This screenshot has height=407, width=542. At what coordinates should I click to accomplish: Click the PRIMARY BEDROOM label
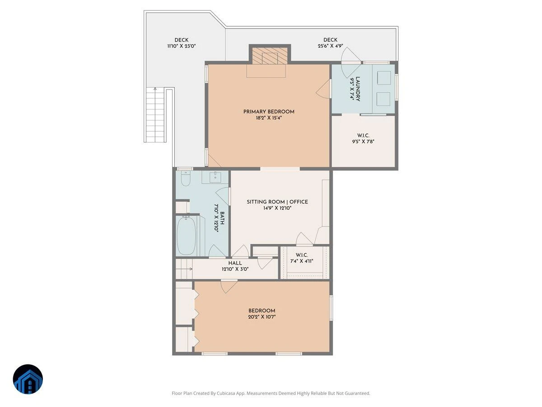click(269, 112)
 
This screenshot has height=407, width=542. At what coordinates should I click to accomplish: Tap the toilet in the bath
click(186, 178)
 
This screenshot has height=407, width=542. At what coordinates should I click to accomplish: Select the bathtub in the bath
click(187, 236)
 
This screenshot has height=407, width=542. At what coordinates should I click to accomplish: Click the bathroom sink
click(215, 177)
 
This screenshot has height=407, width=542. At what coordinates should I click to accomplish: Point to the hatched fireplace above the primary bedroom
click(270, 56)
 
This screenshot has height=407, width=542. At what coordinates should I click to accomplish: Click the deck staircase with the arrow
click(155, 115)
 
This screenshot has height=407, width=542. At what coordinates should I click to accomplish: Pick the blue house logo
click(28, 379)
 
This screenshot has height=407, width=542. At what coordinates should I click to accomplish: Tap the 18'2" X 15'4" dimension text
click(269, 118)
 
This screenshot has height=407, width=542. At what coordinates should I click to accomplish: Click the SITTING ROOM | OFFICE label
click(277, 202)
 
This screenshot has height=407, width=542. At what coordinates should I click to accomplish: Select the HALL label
click(235, 263)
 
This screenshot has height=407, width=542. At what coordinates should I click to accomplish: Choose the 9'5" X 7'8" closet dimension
click(363, 142)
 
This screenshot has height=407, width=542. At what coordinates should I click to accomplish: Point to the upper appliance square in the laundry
click(384, 78)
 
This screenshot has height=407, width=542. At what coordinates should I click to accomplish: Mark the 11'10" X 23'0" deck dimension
click(182, 46)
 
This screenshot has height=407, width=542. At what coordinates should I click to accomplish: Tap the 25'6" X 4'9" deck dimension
click(330, 46)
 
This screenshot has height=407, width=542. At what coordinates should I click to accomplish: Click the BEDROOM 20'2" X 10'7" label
click(262, 314)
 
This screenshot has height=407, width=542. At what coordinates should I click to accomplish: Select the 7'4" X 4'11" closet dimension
click(302, 261)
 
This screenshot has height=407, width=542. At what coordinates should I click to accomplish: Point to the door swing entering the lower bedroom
click(229, 287)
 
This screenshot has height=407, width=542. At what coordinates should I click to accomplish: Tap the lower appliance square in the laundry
click(383, 99)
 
